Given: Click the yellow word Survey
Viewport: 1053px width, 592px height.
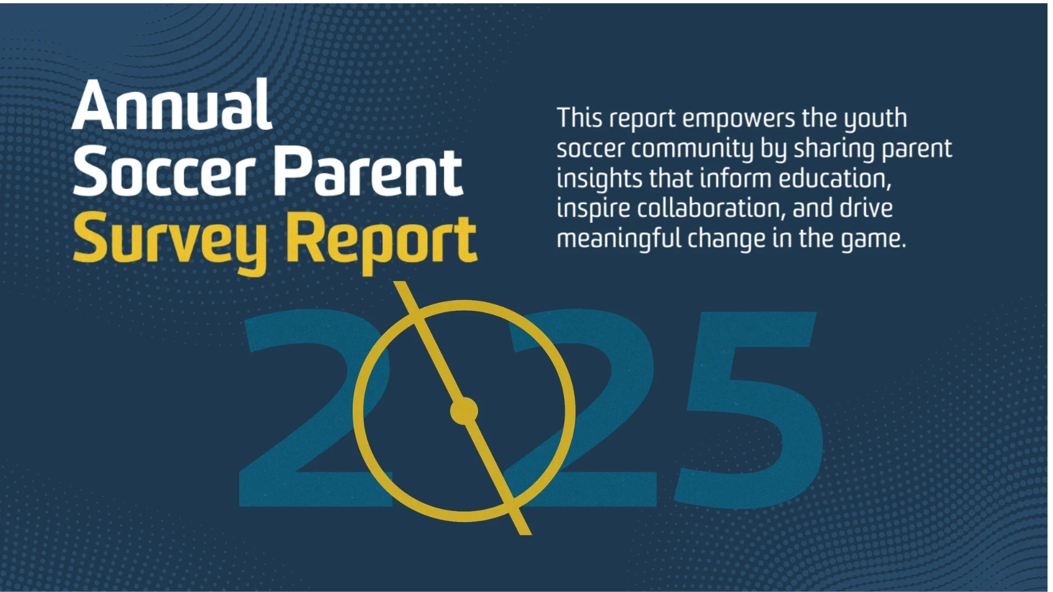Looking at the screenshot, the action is [x=171, y=241].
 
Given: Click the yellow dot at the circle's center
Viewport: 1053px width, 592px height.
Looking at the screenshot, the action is [x=464, y=411].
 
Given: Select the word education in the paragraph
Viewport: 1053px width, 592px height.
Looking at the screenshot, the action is [x=834, y=179].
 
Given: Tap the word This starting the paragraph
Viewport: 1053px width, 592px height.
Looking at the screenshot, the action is [x=580, y=118].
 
